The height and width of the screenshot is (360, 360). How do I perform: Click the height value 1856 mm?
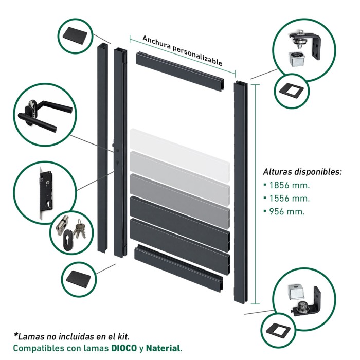tap(289, 185)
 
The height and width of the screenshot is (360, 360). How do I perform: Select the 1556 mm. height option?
tap(289, 199)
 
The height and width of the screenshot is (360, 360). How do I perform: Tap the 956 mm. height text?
tap(287, 211)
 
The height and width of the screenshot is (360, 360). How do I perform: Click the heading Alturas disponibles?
tap(302, 172)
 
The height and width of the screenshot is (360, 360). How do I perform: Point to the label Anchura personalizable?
tap(183, 50)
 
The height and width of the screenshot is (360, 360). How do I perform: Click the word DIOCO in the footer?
tap(124, 348)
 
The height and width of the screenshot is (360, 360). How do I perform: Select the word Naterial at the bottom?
tap(163, 348)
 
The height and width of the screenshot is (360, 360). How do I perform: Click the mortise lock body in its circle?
tap(45, 192)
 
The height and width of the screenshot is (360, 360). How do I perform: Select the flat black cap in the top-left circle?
tap(75, 37)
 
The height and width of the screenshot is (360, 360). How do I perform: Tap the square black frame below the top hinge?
tap(292, 91)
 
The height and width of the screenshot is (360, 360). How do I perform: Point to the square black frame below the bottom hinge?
tap(278, 332)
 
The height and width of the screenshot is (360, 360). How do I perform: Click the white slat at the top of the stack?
tap(180, 155)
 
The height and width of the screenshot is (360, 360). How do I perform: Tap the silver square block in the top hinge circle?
tap(296, 59)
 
